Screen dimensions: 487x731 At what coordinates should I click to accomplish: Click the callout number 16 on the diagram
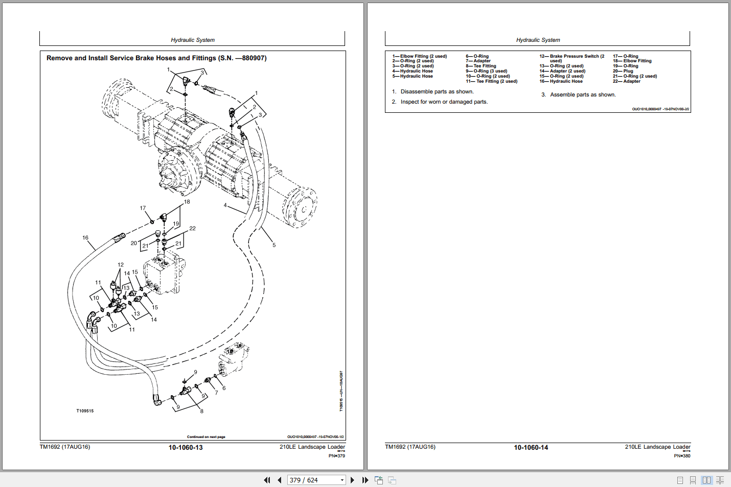(x=85, y=238)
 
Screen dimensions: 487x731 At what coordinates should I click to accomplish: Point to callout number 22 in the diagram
(x=192, y=229)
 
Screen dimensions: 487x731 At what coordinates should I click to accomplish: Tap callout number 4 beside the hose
(x=225, y=205)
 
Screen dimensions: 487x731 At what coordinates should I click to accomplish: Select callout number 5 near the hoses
(x=274, y=245)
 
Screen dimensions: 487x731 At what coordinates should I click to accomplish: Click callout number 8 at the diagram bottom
(x=201, y=411)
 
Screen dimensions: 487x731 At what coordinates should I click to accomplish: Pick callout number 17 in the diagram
(x=143, y=208)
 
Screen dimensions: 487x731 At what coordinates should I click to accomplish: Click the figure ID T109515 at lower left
(x=85, y=411)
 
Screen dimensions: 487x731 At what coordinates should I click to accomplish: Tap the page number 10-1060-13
(x=186, y=448)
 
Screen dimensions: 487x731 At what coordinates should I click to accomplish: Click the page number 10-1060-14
(x=531, y=448)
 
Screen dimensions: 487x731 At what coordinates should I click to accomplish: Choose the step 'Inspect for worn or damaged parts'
(x=444, y=102)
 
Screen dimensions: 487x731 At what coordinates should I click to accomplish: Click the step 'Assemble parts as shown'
(x=583, y=95)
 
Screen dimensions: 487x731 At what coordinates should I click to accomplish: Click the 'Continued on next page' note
(x=206, y=437)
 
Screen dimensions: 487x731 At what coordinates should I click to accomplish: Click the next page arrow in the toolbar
(x=352, y=480)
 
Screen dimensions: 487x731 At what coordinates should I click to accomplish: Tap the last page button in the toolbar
(x=365, y=480)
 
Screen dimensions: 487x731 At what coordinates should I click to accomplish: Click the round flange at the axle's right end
(x=302, y=207)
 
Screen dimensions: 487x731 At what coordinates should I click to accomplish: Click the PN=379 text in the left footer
(x=337, y=456)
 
